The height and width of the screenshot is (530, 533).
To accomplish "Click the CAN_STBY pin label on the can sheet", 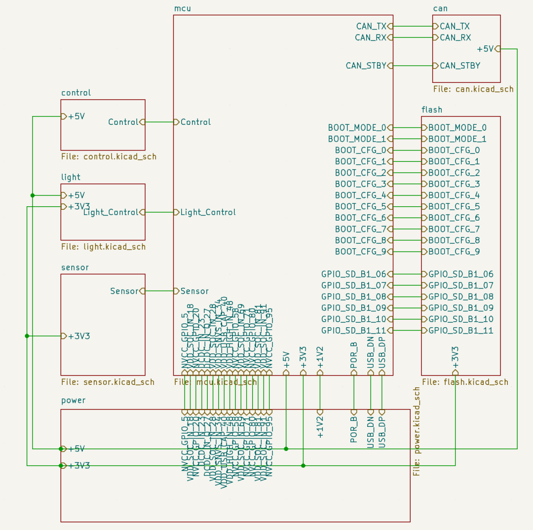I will click(460, 66).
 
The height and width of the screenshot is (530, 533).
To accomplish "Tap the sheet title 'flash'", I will click(432, 110).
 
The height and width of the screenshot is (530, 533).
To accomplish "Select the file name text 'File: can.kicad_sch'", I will click(473, 89).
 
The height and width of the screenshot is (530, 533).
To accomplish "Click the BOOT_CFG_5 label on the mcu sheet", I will click(361, 207).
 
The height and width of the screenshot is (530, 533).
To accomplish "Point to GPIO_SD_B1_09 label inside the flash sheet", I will click(461, 308).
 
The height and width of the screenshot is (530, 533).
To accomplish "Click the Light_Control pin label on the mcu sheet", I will click(208, 212).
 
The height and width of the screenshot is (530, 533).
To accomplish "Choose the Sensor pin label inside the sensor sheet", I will click(124, 291).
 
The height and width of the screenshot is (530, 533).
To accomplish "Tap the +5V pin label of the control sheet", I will click(76, 117).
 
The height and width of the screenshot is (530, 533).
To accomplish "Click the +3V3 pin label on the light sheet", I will click(79, 206).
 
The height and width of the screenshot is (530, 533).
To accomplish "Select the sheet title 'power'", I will click(74, 401).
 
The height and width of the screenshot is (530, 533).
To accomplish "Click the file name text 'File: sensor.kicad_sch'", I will click(108, 382).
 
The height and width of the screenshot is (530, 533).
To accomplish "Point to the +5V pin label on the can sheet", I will click(485, 49).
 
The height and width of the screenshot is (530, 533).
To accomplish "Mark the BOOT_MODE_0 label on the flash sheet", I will click(457, 127).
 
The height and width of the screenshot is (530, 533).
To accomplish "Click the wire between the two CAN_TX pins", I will click(413, 26).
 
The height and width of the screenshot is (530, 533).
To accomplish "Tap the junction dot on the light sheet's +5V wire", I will click(33, 195).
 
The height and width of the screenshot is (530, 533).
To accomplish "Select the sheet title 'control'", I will click(76, 93).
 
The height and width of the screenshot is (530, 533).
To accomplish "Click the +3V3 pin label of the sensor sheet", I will click(79, 336).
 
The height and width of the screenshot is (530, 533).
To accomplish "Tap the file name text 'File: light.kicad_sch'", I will click(103, 247).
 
